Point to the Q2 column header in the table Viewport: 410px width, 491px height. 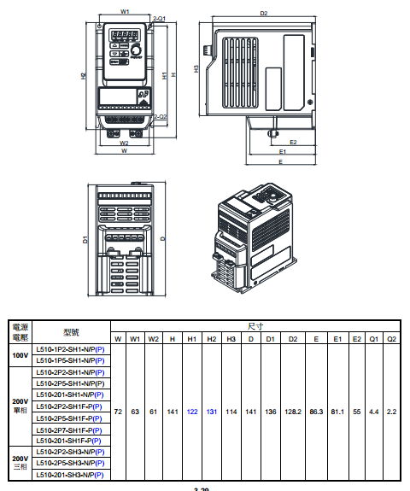tap(392, 339)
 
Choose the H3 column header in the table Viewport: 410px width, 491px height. tap(231, 339)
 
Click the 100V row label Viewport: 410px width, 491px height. tap(19, 355)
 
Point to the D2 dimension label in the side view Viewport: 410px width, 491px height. tap(263, 14)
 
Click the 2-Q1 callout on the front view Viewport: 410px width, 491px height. tap(158, 17)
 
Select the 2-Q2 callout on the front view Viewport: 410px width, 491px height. tap(158, 116)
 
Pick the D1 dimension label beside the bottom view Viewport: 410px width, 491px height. tap(85, 240)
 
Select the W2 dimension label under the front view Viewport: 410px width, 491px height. tap(125, 143)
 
